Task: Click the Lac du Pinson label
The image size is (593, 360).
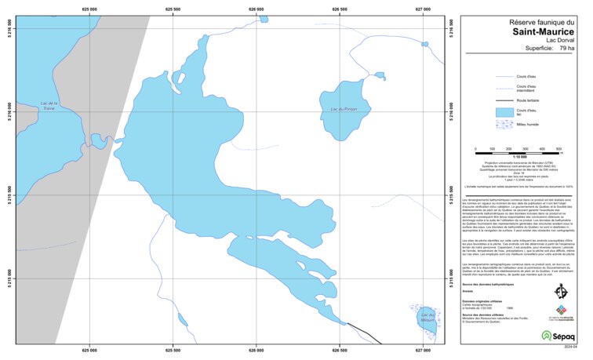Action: point(344,109)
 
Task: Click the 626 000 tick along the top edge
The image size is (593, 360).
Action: point(256,9)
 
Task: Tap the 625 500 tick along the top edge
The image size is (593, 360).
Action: point(173,9)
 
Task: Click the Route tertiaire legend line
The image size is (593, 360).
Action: point(504,100)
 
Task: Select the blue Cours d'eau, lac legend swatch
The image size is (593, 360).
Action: point(504,112)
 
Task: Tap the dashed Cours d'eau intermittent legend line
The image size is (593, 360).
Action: point(504,88)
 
